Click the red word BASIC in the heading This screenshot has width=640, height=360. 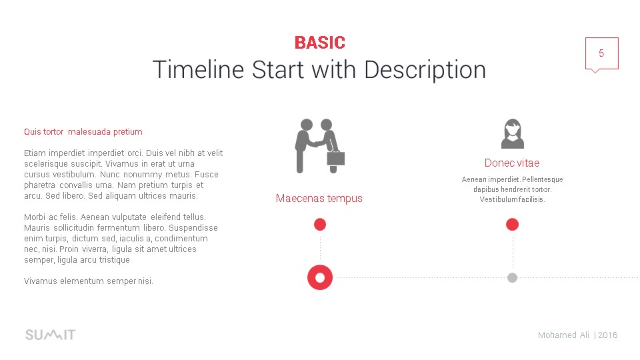320,43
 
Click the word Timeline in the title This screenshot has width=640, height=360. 198,69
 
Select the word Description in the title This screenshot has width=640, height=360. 425,71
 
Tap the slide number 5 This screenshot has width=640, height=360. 601,53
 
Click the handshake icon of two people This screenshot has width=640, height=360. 319,146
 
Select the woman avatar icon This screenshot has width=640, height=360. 512,133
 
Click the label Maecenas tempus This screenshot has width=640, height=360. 319,199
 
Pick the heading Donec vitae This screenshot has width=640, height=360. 512,163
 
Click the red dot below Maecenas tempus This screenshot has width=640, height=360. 320,225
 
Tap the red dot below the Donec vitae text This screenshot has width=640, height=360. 512,225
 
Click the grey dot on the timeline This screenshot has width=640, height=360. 512,277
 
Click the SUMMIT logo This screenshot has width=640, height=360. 50,335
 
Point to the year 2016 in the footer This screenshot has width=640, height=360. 608,335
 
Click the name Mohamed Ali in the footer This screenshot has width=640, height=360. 564,335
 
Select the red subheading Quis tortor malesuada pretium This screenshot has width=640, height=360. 83,132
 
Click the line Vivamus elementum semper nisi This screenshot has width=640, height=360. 89,281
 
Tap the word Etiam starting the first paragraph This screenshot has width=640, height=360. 35,153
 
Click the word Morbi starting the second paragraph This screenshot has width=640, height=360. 35,217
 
